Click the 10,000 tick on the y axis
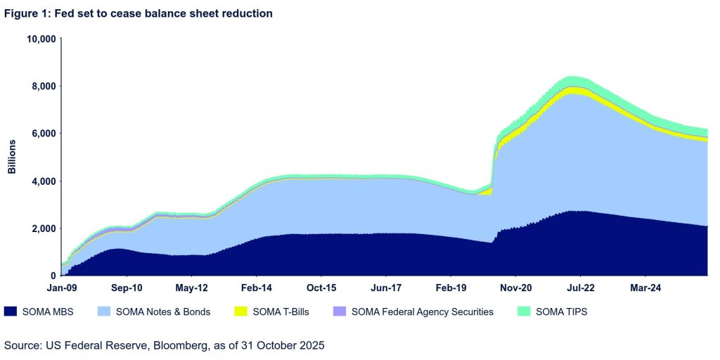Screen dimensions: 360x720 tap(41, 39)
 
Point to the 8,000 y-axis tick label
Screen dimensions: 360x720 tap(43, 86)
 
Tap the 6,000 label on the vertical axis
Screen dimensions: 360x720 tap(43, 134)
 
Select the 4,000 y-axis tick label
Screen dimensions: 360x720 tap(43, 181)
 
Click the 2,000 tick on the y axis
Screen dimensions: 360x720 tap(43, 229)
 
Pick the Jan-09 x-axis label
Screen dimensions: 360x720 tap(62, 288)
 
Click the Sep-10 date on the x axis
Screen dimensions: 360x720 tap(127, 288)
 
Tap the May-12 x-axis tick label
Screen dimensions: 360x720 tap(191, 288)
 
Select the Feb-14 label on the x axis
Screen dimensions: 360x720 tap(256, 288)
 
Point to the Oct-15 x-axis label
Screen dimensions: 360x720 tap(321, 288)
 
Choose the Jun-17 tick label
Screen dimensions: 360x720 tap(385, 288)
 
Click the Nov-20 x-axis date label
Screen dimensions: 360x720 tap(515, 288)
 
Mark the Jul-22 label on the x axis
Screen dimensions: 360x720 tap(580, 288)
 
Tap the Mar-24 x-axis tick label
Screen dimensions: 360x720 tap(645, 288)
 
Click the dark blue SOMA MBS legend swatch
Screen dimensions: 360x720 tap(11, 311)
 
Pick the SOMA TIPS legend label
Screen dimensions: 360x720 tap(561, 311)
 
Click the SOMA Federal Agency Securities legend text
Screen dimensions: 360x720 tap(423, 311)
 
